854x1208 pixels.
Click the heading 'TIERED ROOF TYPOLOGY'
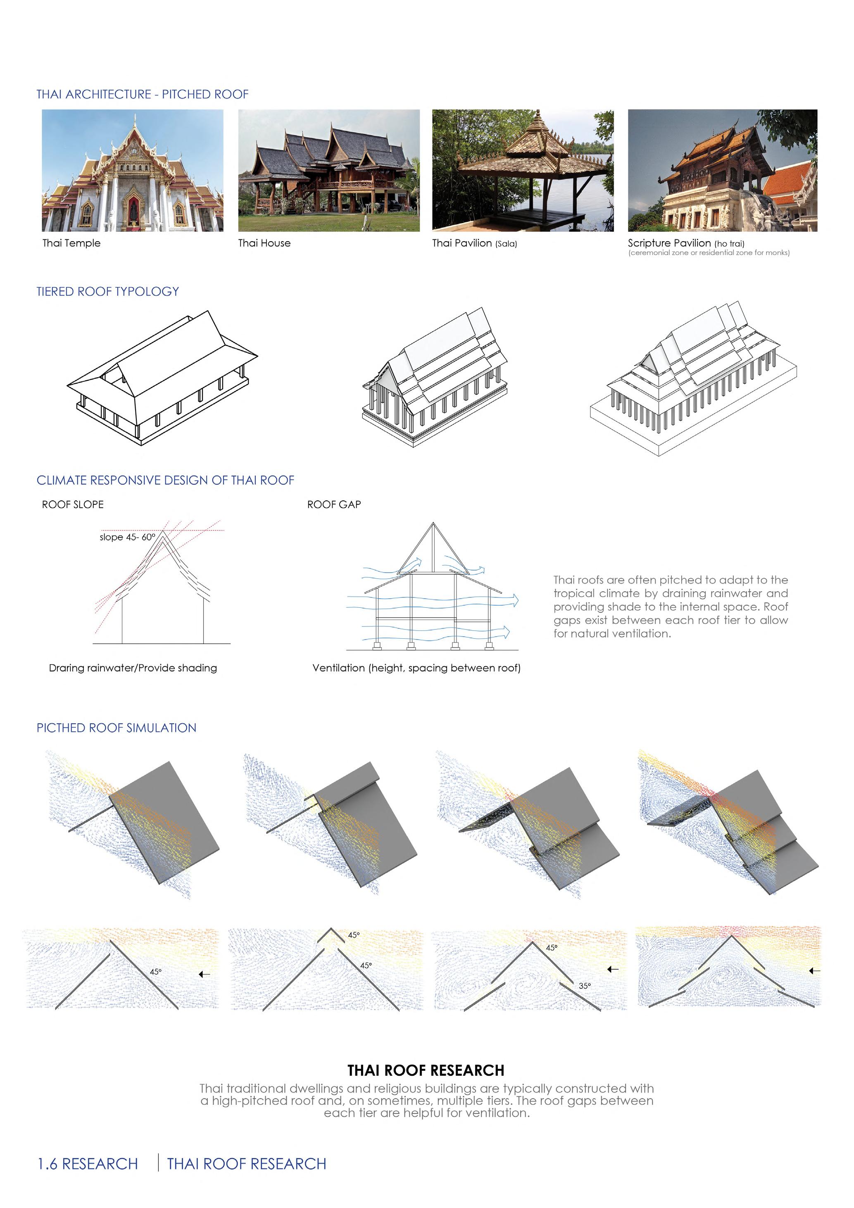point(107,292)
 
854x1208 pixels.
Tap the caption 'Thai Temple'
point(71,243)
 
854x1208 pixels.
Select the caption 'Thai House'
point(264,243)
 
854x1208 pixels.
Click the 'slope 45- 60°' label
point(127,537)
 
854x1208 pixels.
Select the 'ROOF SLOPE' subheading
point(73,504)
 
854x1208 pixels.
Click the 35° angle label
point(585,986)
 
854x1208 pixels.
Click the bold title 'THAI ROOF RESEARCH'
point(426,1071)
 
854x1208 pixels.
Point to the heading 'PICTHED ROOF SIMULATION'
point(116,728)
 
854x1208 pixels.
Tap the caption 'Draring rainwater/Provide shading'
point(133,668)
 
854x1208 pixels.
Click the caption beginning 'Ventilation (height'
point(416,668)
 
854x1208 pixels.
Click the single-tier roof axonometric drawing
point(162,378)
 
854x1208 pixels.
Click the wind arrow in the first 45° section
point(204,975)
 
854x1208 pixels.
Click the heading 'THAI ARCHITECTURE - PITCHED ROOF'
point(142,95)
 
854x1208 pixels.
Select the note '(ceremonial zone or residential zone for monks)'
point(708,253)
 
